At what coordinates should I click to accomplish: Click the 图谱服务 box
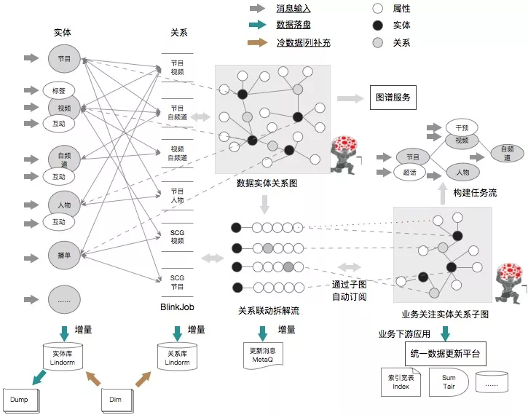[393, 97]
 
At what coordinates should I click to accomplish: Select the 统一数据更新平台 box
[446, 355]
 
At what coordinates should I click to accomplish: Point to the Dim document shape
[117, 400]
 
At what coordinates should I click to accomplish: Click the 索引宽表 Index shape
[401, 382]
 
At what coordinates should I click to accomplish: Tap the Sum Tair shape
[447, 382]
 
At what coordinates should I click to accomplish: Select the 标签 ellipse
[58, 90]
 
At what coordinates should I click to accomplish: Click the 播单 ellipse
[63, 256]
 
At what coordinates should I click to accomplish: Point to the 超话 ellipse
[409, 173]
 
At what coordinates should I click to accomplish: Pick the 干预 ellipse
[460, 127]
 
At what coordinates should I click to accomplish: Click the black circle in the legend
[377, 25]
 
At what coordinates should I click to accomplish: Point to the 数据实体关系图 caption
[267, 183]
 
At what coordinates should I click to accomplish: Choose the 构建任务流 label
[474, 193]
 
